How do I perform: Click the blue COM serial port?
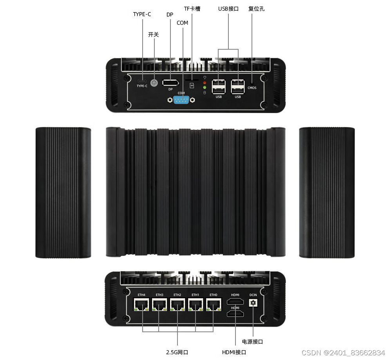[181, 100]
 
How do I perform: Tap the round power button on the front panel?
[154, 83]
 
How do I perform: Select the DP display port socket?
[170, 83]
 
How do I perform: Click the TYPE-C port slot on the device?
[142, 81]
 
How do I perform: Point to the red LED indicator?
[205, 83]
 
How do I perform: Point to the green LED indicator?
[205, 88]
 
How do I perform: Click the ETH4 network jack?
[141, 304]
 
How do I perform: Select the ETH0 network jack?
[214, 304]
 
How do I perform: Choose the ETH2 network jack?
[177, 304]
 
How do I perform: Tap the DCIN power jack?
[253, 302]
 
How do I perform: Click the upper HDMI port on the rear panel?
[235, 301]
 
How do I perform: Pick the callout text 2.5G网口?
[177, 352]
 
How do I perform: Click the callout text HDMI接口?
[234, 352]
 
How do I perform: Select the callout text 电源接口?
[253, 342]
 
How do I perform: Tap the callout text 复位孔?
[257, 8]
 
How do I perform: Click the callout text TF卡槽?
[192, 8]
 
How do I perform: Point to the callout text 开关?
[154, 34]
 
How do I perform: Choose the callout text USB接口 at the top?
[228, 8]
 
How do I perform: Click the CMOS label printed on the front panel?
[252, 88]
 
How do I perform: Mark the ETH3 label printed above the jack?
[159, 295]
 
